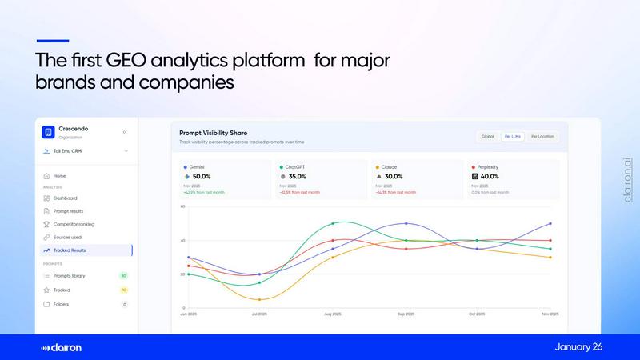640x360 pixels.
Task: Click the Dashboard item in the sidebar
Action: pos(66,198)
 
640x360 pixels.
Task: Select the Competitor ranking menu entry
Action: pos(74,224)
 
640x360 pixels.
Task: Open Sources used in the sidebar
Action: pos(67,237)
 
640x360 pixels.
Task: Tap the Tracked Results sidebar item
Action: pos(70,250)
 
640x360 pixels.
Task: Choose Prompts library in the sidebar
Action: pos(69,275)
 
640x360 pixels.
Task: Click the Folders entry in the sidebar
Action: pos(61,304)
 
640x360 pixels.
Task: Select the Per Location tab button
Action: pos(542,137)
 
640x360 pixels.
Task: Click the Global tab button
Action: pos(488,137)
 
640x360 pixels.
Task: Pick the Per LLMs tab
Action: pos(512,137)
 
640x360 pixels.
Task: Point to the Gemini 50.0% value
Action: pos(202,176)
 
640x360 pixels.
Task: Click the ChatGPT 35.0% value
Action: pos(298,176)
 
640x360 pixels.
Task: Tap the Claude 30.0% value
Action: pos(394,176)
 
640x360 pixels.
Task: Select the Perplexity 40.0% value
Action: pos(490,176)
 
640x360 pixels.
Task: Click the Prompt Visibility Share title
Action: pos(214,132)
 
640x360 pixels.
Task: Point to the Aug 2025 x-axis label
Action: pos(333,314)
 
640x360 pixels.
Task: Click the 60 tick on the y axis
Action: pos(182,206)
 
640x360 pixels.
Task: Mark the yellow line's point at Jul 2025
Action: pos(260,300)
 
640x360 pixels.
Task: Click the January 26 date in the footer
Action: pos(578,346)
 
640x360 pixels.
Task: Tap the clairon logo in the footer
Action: pos(62,347)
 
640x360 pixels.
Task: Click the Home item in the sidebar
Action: pos(59,175)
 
